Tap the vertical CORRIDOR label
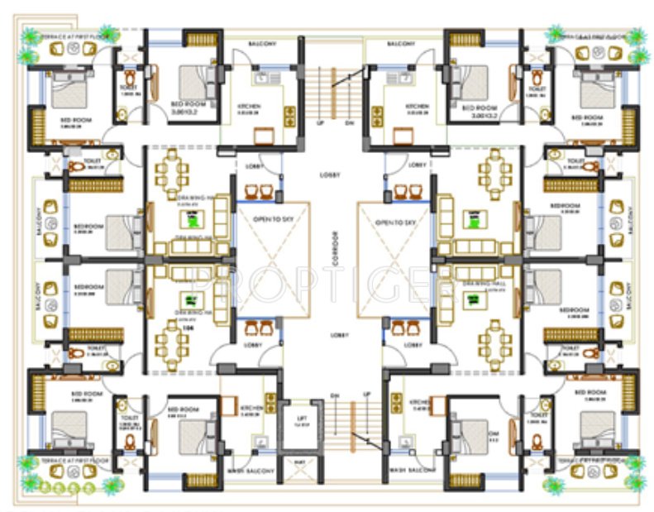tap(336, 257)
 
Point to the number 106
tap(189, 328)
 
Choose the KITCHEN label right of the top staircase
tap(418, 107)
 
